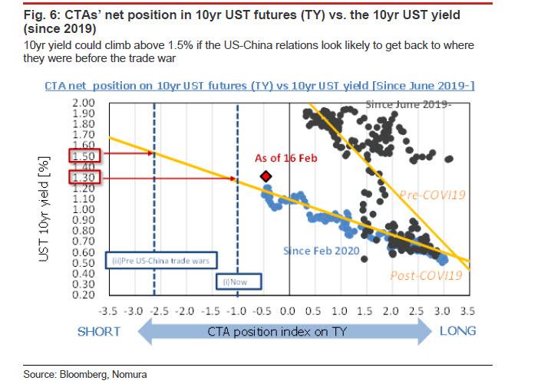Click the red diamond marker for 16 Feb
(266, 177)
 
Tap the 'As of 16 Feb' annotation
(285, 159)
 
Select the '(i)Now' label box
(236, 281)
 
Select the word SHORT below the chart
(99, 331)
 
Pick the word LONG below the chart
(458, 331)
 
